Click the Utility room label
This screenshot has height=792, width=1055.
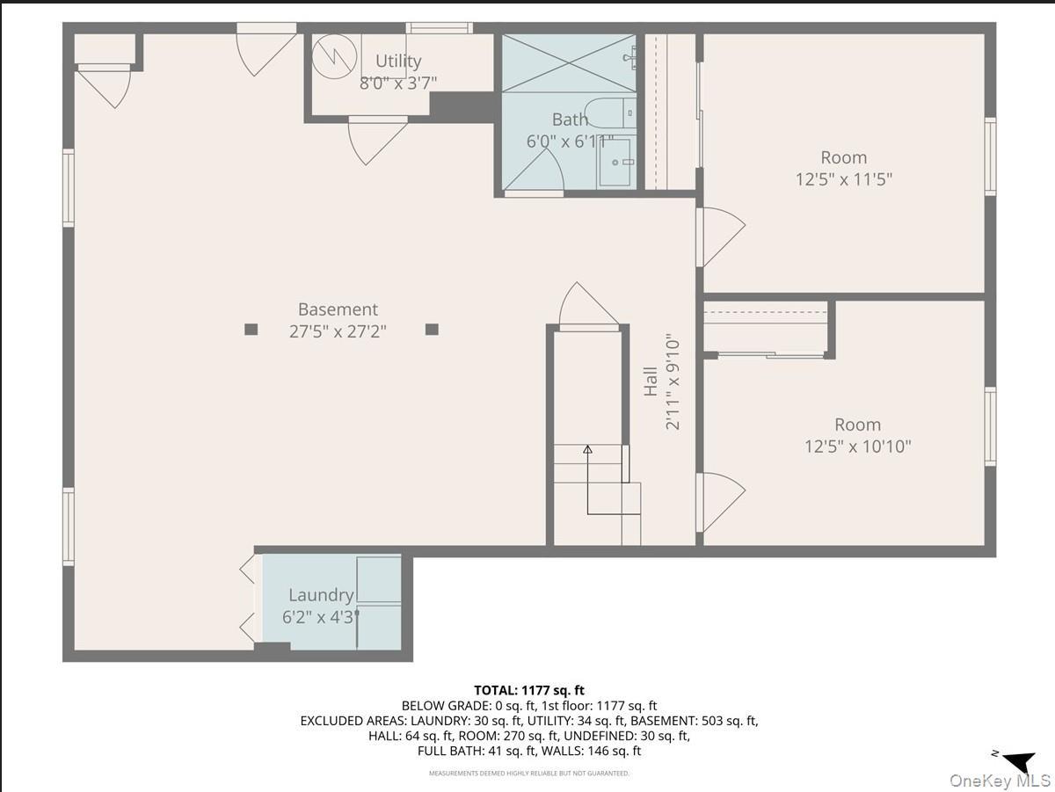[398, 61]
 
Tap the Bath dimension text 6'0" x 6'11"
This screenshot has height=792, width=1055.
[569, 141]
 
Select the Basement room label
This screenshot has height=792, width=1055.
[338, 309]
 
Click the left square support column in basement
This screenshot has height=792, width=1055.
[251, 330]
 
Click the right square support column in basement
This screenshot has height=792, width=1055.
[432, 330]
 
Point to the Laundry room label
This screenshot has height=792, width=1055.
[321, 596]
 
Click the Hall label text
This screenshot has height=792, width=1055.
[651, 381]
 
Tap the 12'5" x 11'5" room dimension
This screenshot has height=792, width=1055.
[844, 179]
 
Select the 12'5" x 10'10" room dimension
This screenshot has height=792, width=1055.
[857, 447]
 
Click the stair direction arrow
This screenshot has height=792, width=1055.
[587, 450]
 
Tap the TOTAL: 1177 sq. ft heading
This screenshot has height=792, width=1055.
[528, 690]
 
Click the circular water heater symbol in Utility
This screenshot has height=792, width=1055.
[333, 55]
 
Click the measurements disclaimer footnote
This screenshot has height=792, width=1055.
[528, 774]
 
